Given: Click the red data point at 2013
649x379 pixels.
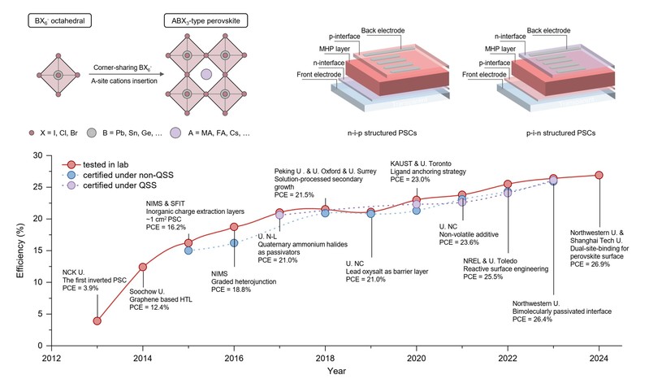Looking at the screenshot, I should pyautogui.click(x=97, y=320).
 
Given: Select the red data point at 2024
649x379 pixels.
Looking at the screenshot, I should pyautogui.click(x=599, y=175).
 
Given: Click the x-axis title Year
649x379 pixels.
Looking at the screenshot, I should pyautogui.click(x=325, y=370).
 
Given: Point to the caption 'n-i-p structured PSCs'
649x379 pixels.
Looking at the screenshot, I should pyautogui.click(x=359, y=133).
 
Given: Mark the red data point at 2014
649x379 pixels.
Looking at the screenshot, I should pyautogui.click(x=143, y=267).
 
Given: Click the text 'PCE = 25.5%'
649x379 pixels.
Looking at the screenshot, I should pyautogui.click(x=483, y=277).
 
